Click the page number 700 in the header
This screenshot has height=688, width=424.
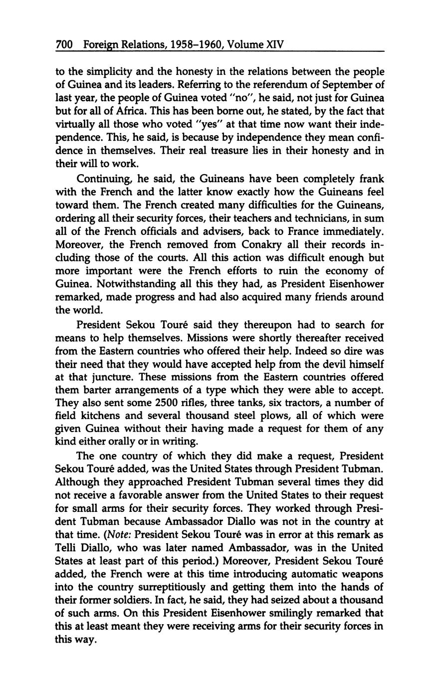65,45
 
